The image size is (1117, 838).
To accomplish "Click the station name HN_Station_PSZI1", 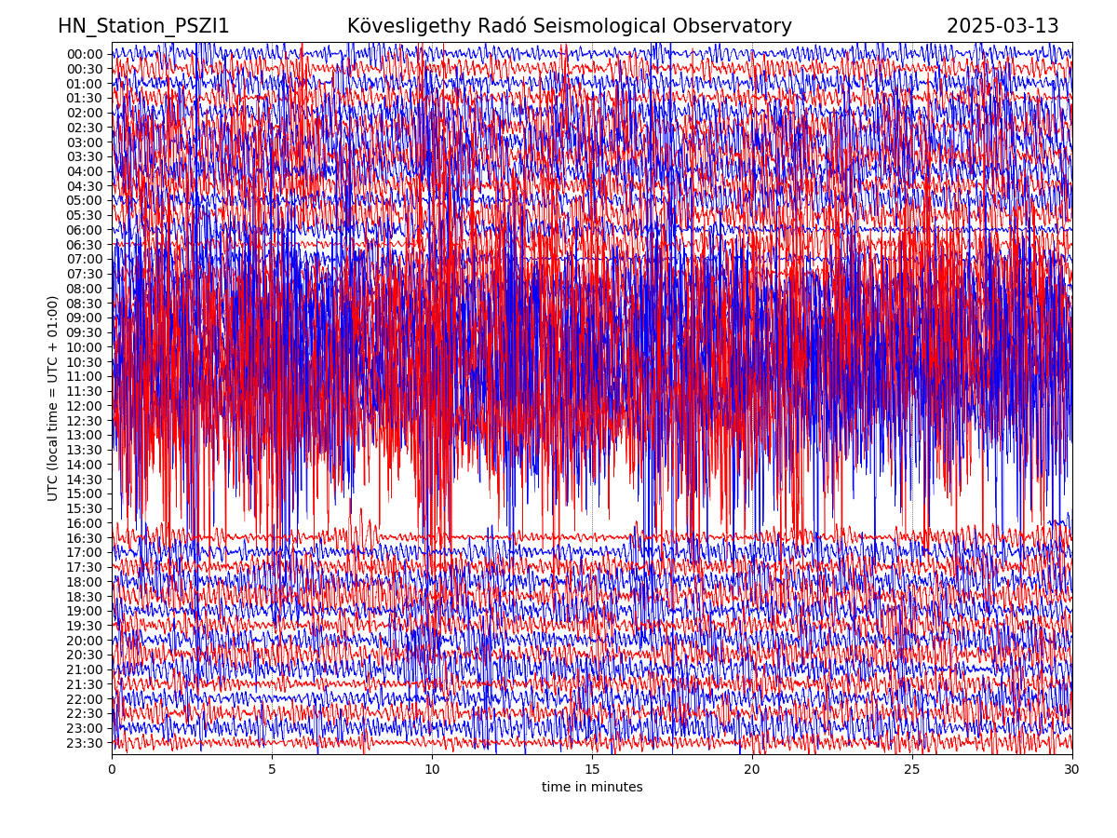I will [143, 27].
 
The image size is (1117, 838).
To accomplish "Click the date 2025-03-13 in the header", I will [1003, 27].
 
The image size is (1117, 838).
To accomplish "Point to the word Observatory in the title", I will [742, 27].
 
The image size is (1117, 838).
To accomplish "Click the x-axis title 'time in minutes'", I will [592, 788].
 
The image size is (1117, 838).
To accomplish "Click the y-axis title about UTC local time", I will [53, 398].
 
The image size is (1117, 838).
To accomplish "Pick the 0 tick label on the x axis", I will [112, 770].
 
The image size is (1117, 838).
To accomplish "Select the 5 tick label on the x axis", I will [272, 770].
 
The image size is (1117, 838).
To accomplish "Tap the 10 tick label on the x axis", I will [432, 770].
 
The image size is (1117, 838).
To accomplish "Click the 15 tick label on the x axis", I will [592, 770].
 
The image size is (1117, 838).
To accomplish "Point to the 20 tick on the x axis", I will [752, 770].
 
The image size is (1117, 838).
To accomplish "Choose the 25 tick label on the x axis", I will [912, 770].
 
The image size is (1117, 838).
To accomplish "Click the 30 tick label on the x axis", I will [1072, 770].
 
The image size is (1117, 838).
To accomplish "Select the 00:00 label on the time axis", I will [85, 54].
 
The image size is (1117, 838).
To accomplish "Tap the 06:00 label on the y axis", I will [85, 230].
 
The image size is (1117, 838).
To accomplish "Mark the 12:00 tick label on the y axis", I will [85, 406].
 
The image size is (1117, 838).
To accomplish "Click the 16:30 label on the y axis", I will [85, 538].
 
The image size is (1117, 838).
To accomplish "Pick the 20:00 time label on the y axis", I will [85, 641].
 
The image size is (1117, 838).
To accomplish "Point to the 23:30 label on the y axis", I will [85, 743].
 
